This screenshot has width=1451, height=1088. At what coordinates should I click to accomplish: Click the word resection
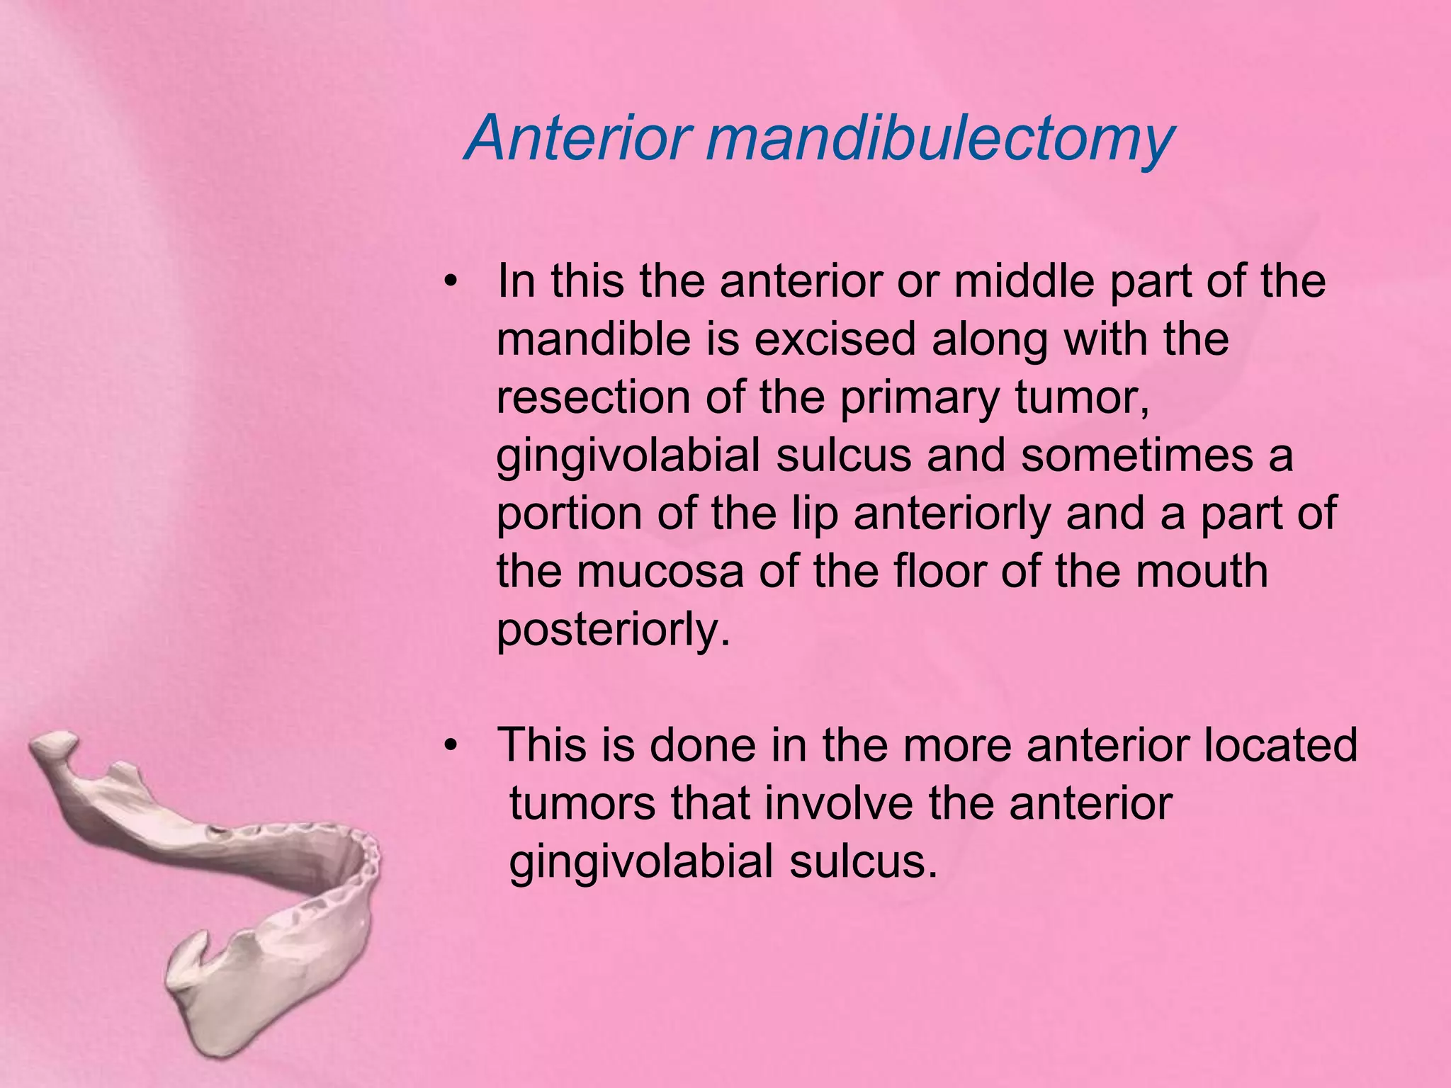pyautogui.click(x=592, y=397)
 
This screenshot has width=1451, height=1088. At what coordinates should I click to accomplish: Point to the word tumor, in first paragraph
pyautogui.click(x=1082, y=397)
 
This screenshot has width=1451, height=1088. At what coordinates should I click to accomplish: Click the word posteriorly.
pyautogui.click(x=613, y=630)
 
